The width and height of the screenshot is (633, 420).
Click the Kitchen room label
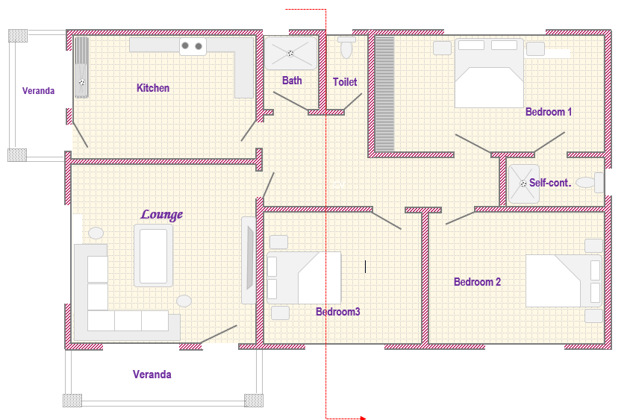[x=152, y=88]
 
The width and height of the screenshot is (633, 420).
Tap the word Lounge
[x=161, y=214]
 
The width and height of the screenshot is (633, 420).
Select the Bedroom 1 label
[x=549, y=112]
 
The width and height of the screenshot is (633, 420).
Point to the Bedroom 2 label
[x=477, y=281]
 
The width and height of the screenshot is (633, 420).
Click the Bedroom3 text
[x=338, y=312]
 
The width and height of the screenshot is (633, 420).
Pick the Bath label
[x=292, y=81]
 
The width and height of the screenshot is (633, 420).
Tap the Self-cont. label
[x=550, y=183]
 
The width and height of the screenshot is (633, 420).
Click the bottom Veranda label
[x=152, y=374]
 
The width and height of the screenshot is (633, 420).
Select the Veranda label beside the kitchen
[x=38, y=91]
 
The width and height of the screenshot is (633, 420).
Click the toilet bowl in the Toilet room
[x=346, y=48]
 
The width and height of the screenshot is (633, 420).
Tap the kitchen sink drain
[x=82, y=82]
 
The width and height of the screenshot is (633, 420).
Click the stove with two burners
[x=193, y=46]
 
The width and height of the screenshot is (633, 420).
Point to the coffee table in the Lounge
[x=154, y=256]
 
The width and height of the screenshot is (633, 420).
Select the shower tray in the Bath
[x=290, y=53]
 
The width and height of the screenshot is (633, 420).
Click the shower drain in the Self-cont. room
[x=523, y=184]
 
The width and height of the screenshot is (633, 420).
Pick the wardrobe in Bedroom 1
[x=384, y=94]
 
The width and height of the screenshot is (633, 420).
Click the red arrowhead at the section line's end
[x=364, y=418]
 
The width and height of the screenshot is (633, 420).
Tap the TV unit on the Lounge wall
[x=249, y=260]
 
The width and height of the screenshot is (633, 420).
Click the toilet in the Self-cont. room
[x=590, y=183]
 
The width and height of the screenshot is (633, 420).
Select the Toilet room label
[x=345, y=82]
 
